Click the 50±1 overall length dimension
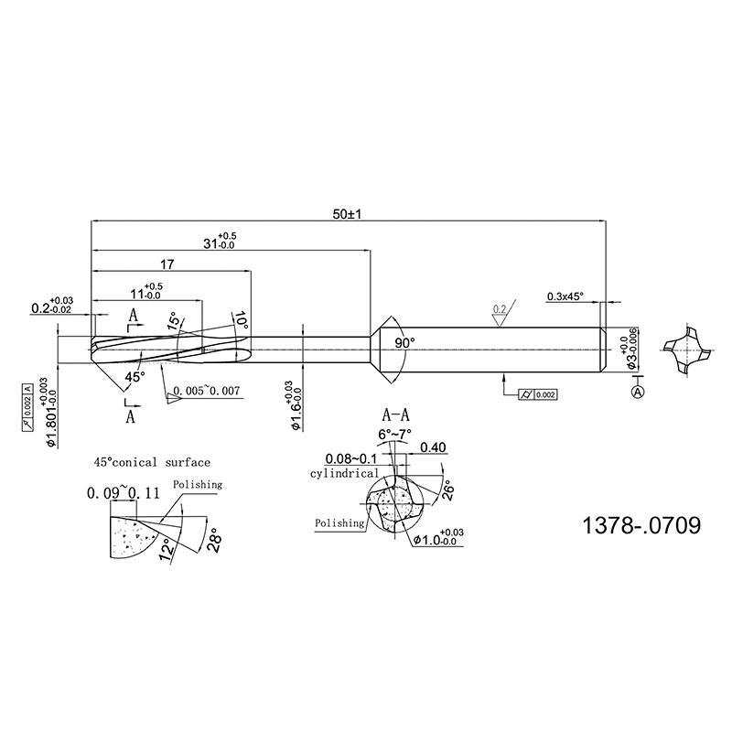coord(348,213)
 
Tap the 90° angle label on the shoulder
coord(404,342)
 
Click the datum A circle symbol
coord(638,392)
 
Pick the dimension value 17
coord(167,264)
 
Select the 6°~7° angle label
coord(395,433)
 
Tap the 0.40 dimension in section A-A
coord(433,447)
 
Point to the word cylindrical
coord(343,473)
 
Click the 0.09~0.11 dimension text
coord(123,493)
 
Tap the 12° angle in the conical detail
coord(166,549)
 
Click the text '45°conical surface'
coord(152,462)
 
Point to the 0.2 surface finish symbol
coord(500,309)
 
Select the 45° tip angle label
coord(135,376)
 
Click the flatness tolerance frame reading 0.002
coord(536,394)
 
